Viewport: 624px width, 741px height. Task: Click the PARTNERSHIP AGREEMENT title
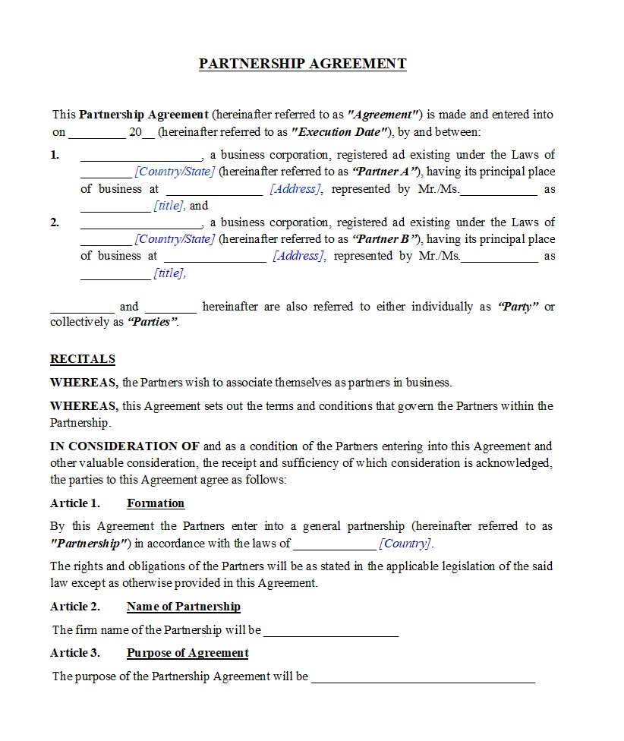(x=302, y=64)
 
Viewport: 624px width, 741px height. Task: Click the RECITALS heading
(x=83, y=359)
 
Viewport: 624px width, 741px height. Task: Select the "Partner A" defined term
(x=386, y=172)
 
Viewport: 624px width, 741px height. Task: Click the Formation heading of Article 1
(x=156, y=503)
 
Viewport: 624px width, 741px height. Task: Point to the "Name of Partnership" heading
(x=183, y=607)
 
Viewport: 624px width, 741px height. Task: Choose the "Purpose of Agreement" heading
(x=188, y=653)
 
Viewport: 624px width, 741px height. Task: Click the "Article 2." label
(x=74, y=607)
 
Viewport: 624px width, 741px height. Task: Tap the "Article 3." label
(x=74, y=653)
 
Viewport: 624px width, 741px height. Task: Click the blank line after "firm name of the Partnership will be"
(x=331, y=632)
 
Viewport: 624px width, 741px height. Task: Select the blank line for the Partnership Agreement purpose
(x=423, y=678)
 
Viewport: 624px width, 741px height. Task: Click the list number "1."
(x=55, y=156)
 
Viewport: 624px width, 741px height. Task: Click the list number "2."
(x=55, y=222)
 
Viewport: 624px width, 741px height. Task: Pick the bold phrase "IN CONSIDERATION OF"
(x=124, y=446)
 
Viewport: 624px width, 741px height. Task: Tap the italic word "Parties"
(x=153, y=322)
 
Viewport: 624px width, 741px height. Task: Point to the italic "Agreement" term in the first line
(x=384, y=115)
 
